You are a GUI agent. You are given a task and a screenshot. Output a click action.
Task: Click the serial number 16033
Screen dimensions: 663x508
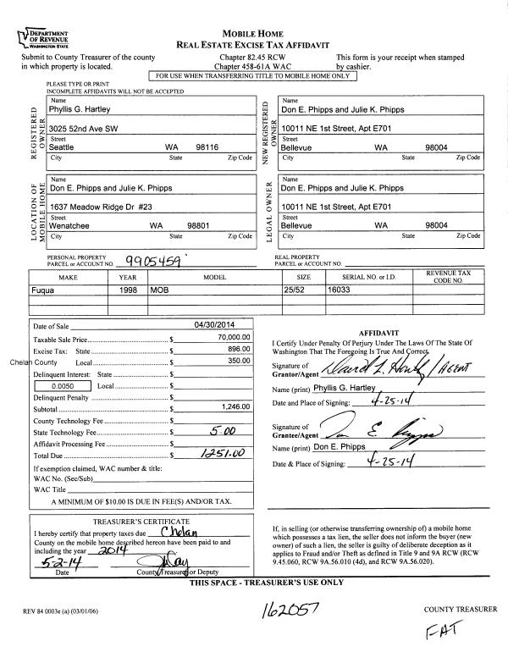click(x=340, y=290)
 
